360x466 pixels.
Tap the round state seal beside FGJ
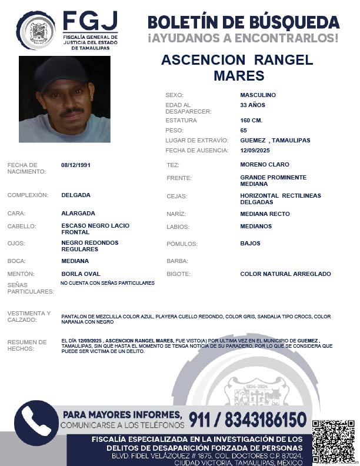coord(36,30)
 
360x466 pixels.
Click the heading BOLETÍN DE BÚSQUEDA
coord(244,22)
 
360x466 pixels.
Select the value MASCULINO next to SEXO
coord(258,95)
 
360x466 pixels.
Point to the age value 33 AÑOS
coord(253,105)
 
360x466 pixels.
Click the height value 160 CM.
coord(251,120)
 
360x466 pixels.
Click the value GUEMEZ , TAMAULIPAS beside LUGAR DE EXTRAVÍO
coord(275,141)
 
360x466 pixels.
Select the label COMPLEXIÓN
coord(27,195)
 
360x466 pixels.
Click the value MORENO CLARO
coord(265,165)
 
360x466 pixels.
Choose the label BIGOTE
coord(179,274)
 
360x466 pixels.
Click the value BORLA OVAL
coord(81,274)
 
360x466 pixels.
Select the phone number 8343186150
coord(264,420)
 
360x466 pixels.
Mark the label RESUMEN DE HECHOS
coord(26,345)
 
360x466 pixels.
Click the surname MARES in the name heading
coord(239,76)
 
